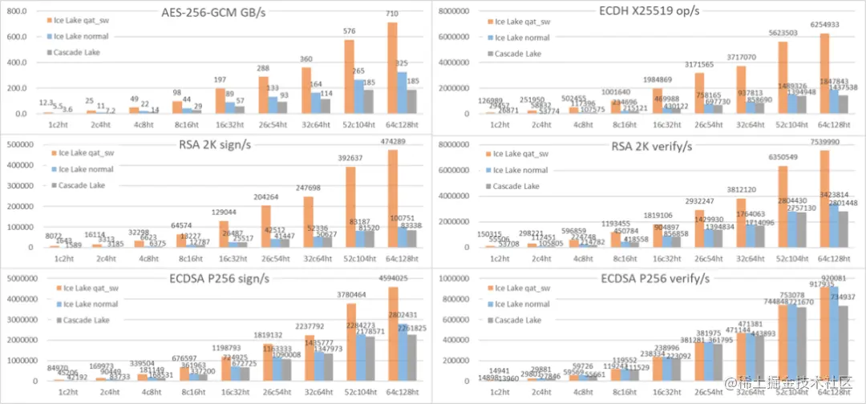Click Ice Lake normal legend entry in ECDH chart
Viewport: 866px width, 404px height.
coord(520,37)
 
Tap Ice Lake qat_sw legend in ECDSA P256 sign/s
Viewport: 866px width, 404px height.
coord(86,288)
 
